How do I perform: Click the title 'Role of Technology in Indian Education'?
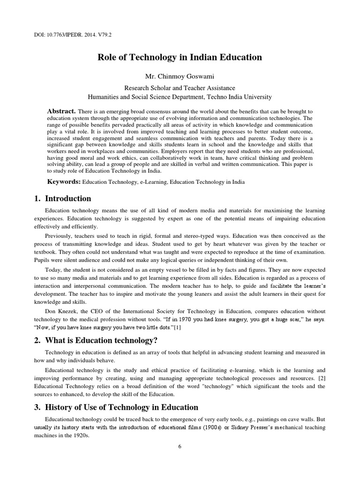point(180,57)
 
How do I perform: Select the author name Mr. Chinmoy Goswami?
point(180,76)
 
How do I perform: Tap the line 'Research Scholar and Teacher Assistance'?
point(180,88)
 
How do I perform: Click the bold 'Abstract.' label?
point(61,111)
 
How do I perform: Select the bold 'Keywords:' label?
point(64,181)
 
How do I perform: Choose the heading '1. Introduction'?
point(63,198)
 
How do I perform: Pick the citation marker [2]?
point(321,377)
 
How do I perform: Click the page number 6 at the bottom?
point(180,446)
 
